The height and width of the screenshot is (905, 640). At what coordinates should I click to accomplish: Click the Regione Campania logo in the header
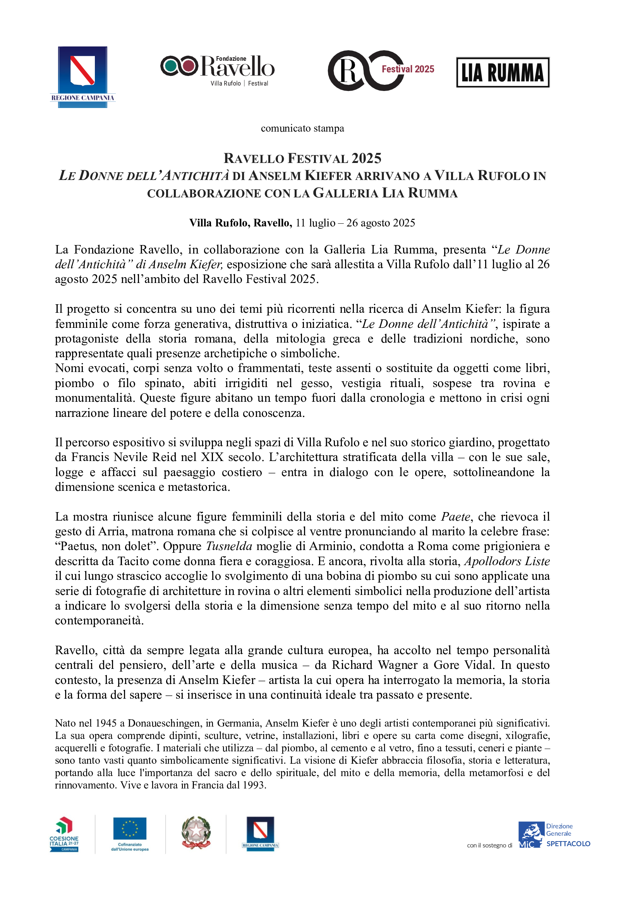pos(82,77)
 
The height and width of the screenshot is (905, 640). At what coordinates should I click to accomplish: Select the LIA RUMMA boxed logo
pos(503,72)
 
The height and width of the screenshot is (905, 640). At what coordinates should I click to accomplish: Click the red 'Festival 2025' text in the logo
pos(408,69)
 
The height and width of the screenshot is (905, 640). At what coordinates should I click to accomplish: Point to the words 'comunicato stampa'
pos(302,129)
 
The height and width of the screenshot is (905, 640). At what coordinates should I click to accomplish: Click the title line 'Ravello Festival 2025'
pos(302,158)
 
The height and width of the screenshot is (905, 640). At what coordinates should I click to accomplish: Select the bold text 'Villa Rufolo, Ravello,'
pos(240,223)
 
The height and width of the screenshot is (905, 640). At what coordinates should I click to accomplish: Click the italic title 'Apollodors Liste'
pos(507,561)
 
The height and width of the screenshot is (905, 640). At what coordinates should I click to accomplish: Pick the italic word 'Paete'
pos(455,517)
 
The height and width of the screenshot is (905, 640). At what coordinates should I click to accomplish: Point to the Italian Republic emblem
pos(196,833)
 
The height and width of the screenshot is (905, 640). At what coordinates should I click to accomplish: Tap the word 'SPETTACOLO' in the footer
pos(568,844)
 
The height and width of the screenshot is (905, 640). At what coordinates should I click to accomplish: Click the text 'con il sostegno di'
pos(489,845)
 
